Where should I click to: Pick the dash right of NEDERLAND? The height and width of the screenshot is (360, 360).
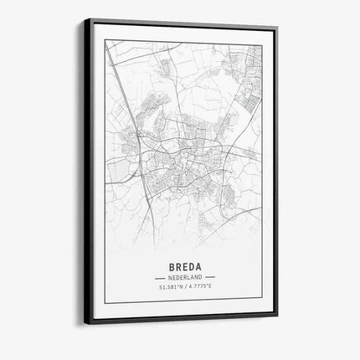point(210,276)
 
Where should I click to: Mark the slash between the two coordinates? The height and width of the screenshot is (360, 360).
point(184,288)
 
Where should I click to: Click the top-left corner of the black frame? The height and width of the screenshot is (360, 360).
point(84,19)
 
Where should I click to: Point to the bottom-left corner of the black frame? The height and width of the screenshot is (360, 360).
point(84,323)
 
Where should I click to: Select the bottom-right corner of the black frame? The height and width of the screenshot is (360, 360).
point(277,316)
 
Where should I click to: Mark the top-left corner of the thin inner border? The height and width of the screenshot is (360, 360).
point(105,39)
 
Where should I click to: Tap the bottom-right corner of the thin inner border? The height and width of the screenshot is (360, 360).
point(262,301)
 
